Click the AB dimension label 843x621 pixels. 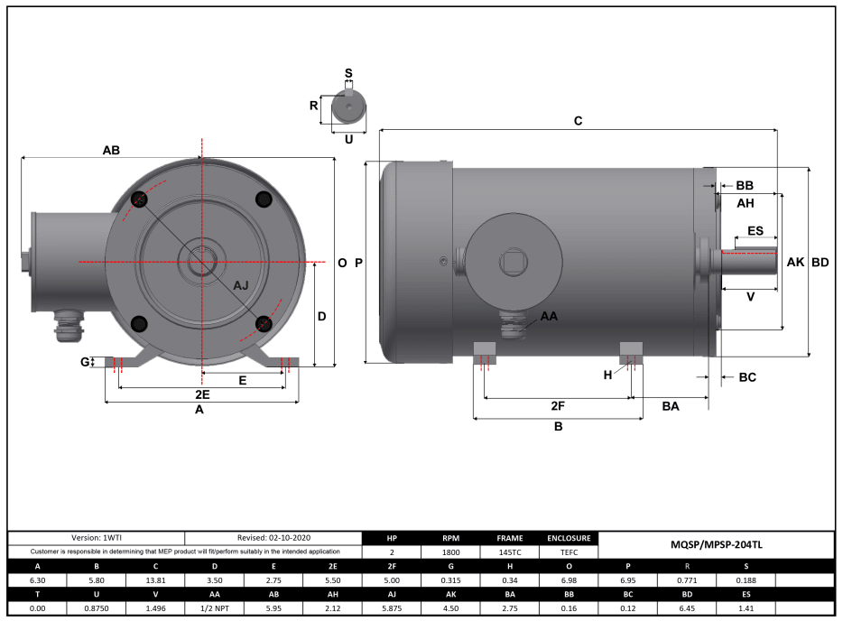pyautogui.click(x=112, y=151)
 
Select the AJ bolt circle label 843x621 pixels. pyautogui.click(x=241, y=285)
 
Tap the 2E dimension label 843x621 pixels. pyautogui.click(x=202, y=395)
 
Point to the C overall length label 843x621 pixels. pyautogui.click(x=579, y=121)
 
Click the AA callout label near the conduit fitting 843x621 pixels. pyautogui.click(x=549, y=317)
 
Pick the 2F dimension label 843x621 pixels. pyautogui.click(x=558, y=407)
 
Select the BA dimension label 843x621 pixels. pyautogui.click(x=670, y=407)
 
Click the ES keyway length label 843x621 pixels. pyautogui.click(x=755, y=231)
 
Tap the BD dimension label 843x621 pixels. pyautogui.click(x=820, y=263)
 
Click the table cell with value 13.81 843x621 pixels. pyautogui.click(x=154, y=580)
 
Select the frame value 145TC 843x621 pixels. pyautogui.click(x=509, y=551)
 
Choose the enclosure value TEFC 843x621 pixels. pyautogui.click(x=569, y=551)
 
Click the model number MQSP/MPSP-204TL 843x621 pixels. pyautogui.click(x=716, y=544)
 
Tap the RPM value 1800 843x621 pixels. pyautogui.click(x=450, y=551)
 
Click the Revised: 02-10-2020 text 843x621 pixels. pyautogui.click(x=273, y=537)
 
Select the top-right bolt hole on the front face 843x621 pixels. pyautogui.click(x=264, y=199)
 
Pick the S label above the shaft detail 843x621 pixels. pyautogui.click(x=348, y=72)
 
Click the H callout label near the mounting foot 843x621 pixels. pyautogui.click(x=607, y=375)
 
